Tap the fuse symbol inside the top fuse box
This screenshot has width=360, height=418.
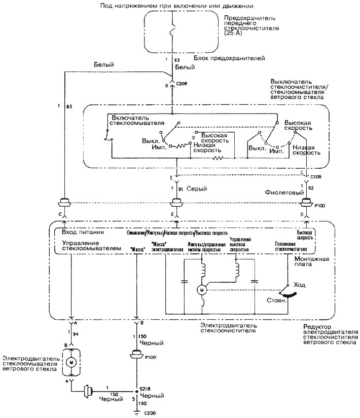point(173,30)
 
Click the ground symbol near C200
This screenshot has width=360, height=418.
point(136,411)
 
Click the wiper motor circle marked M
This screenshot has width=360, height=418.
point(201,289)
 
